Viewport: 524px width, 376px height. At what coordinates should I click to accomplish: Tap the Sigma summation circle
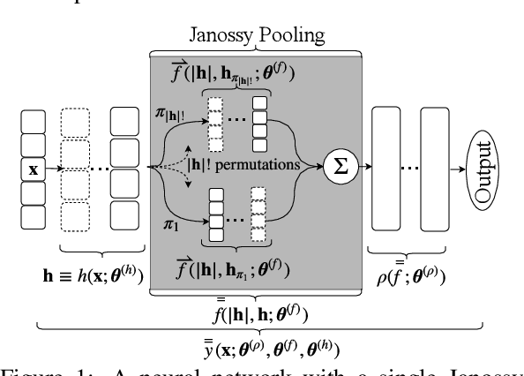337,164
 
